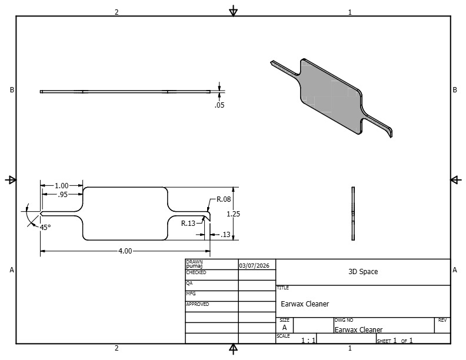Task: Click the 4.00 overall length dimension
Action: coord(125,251)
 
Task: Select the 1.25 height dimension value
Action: coord(234,214)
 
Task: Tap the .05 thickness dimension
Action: coord(219,105)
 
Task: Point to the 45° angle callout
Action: coord(45,227)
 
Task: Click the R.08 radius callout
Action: coord(224,199)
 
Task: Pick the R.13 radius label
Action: coord(188,224)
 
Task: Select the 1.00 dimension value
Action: coord(62,186)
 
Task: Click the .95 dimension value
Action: coord(62,195)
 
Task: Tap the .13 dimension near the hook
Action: coord(225,235)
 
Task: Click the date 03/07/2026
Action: coord(254,265)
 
